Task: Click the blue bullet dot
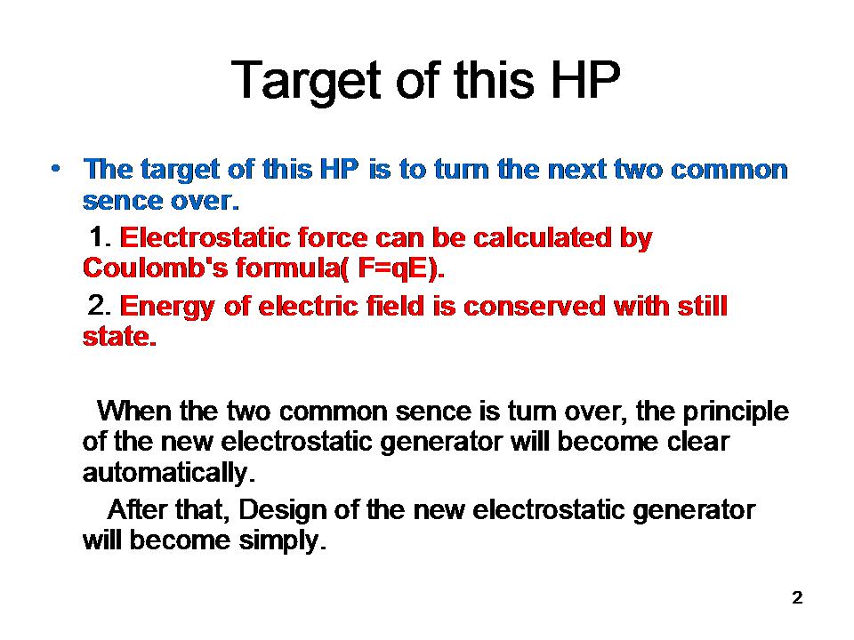pos(55,169)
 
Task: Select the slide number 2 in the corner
pos(797,597)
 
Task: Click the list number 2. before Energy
pos(100,305)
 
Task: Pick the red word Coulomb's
pos(155,268)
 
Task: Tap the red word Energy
pos(167,308)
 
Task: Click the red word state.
pos(120,336)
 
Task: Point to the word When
pos(134,411)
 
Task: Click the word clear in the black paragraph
pos(698,441)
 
